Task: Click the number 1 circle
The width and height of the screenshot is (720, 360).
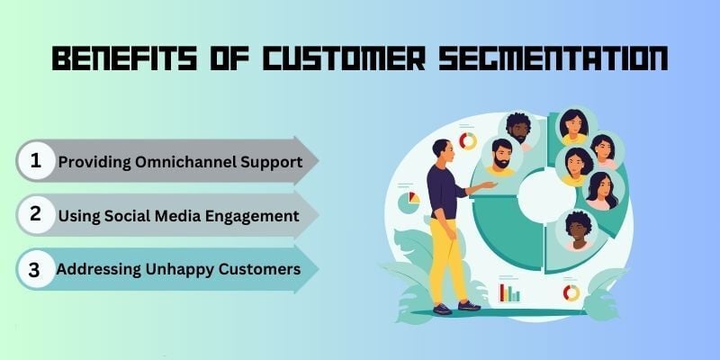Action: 36,161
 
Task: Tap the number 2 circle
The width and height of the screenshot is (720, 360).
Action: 36,214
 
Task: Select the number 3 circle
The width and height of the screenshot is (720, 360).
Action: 36,269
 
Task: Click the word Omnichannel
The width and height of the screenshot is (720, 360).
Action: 184,162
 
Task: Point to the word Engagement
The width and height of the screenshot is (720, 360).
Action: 252,217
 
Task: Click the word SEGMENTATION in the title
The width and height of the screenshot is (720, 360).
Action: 553,58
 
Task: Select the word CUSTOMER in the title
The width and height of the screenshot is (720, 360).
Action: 344,58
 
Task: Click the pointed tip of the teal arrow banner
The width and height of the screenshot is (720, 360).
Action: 319,269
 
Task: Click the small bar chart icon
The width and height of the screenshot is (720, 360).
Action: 509,293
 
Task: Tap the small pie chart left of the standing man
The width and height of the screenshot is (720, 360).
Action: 409,202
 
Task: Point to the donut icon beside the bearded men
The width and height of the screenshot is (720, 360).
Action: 468,141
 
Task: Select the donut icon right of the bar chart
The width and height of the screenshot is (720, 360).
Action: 571,292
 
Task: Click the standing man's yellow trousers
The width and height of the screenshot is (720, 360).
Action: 445,259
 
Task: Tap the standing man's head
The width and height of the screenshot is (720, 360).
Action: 443,150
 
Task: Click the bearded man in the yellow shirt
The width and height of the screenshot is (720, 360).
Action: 501,159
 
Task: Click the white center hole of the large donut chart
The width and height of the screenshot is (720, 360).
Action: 546,195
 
